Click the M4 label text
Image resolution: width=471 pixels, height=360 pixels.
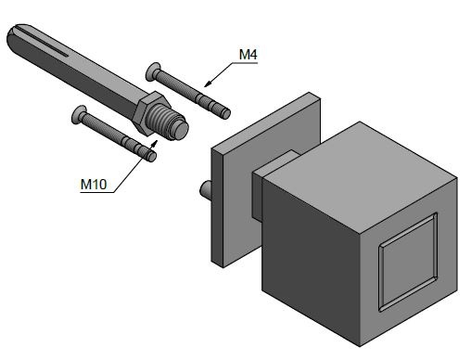point(248,55)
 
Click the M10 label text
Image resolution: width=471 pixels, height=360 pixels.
point(94,185)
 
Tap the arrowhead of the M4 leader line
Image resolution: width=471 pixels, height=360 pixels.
point(209,84)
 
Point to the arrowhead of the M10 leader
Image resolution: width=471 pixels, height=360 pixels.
point(155,144)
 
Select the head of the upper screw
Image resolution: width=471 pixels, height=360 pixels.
point(152,71)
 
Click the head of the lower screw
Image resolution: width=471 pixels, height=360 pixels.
point(78,115)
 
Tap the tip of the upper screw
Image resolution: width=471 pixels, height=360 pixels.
point(226,113)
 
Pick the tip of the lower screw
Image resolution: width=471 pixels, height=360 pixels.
point(152,157)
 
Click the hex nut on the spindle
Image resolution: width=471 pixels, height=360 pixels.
point(150,112)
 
